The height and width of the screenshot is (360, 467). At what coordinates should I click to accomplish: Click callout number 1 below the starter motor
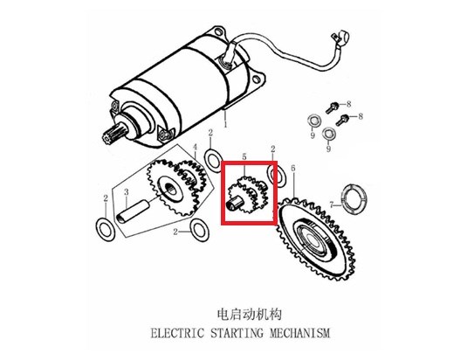click(x=225, y=124)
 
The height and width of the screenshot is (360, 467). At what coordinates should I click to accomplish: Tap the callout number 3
click(x=127, y=192)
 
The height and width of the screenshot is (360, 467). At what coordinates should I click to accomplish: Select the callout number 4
click(x=195, y=147)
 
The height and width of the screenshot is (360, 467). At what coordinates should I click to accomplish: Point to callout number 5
click(x=244, y=156)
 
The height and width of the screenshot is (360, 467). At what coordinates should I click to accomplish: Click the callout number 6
click(x=293, y=169)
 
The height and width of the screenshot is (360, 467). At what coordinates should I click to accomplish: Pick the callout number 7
click(x=332, y=204)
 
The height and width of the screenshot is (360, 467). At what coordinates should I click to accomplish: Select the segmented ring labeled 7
click(x=354, y=199)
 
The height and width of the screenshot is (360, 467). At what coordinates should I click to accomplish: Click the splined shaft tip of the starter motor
click(x=111, y=134)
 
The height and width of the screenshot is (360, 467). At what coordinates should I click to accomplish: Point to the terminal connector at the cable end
click(x=340, y=38)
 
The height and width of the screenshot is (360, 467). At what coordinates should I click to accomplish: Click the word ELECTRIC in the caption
click(x=177, y=333)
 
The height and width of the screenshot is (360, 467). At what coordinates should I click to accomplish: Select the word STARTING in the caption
click(x=237, y=333)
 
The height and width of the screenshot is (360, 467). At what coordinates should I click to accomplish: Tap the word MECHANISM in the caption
click(x=300, y=333)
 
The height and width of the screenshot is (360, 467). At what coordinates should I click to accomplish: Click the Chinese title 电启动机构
click(x=249, y=314)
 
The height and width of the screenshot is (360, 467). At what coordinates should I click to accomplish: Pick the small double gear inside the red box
click(x=247, y=195)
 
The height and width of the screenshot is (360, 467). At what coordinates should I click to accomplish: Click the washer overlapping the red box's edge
click(x=278, y=176)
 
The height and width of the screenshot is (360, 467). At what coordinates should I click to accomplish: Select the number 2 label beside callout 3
click(x=106, y=198)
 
